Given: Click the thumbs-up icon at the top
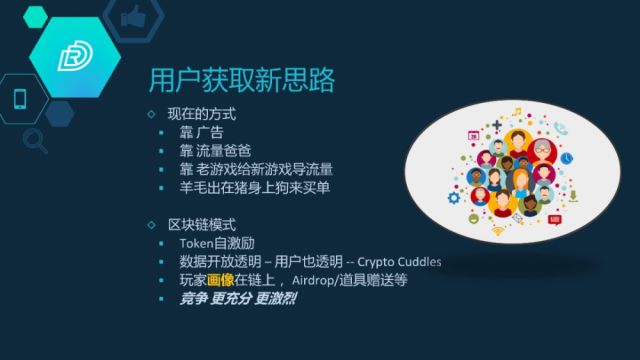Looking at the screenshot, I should tap(131, 16).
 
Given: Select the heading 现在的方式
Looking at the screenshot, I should tap(200, 115).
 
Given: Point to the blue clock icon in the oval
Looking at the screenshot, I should tap(567, 158).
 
